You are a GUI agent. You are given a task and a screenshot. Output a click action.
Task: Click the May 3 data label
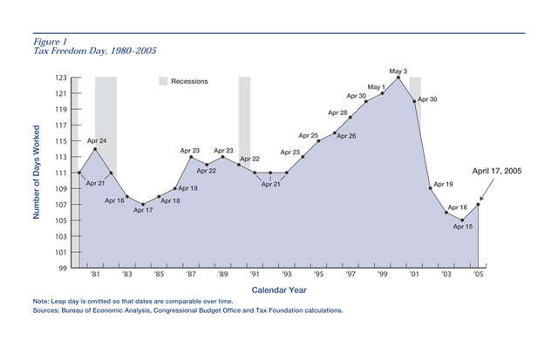click(x=398, y=70)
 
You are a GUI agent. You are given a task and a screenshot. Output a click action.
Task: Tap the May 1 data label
click(x=376, y=87)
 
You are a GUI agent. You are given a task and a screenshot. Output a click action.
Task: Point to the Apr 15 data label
click(x=462, y=227)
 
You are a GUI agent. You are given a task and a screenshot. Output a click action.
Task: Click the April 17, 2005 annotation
click(x=496, y=173)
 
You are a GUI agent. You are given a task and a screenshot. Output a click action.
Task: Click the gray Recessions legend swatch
click(x=162, y=81)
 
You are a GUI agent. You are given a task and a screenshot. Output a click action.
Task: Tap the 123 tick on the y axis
click(x=62, y=78)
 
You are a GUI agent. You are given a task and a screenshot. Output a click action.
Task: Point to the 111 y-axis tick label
click(x=62, y=173)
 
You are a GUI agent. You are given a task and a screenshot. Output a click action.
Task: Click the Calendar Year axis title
click(x=278, y=289)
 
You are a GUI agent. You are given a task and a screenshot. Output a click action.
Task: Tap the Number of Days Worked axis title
click(x=38, y=173)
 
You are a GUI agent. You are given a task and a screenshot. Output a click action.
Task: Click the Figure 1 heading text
click(x=51, y=40)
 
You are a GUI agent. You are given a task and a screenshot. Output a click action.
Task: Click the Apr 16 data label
click(x=458, y=207)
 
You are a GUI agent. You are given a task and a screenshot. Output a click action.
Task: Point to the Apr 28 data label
click(x=337, y=113)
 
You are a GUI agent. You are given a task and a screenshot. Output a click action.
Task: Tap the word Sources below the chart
click(x=47, y=310)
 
